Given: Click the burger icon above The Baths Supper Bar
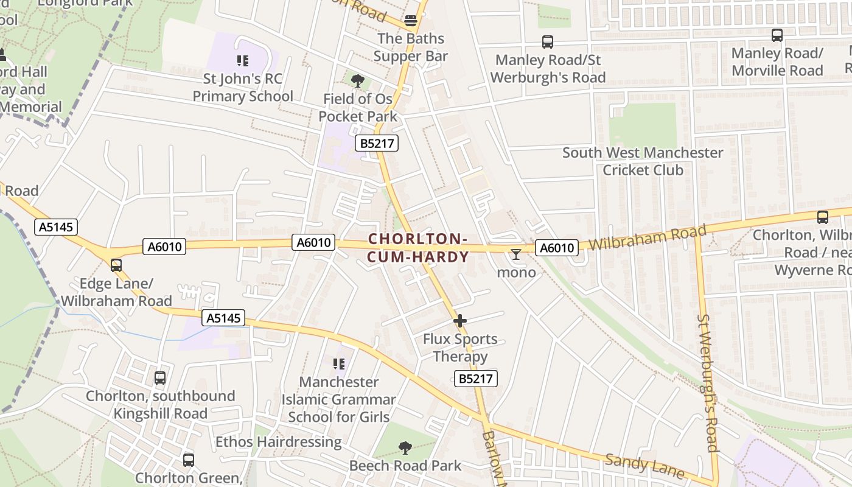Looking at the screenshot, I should tap(411, 20).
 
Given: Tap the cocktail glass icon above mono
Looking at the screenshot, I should tap(516, 254).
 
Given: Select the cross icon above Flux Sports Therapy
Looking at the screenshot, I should tap(460, 320).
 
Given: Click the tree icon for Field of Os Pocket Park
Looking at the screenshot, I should tap(358, 80).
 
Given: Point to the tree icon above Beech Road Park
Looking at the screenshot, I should tap(405, 448).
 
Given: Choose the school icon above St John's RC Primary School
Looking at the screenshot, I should tap(243, 60).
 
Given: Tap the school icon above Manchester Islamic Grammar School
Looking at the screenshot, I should tap(339, 364).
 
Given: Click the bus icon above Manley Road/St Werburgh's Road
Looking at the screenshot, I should tap(548, 42).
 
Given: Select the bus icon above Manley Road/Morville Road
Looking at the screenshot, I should tap(777, 35).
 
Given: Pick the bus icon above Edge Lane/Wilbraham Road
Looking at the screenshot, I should tap(116, 265).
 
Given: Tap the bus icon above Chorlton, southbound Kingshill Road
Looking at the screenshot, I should tap(160, 378).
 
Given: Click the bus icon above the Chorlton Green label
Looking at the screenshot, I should tap(189, 460).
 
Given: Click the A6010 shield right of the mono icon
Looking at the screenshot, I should tap(557, 248).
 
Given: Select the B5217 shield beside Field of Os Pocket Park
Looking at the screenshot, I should tap(377, 143).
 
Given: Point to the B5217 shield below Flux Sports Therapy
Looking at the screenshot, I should tap(476, 379).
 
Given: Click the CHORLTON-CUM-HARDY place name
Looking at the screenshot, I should tap(418, 248).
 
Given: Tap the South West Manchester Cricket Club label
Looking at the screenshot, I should tap(643, 161).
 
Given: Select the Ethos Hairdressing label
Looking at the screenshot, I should tap(278, 441).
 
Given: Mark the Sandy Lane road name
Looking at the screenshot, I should tap(645, 466).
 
